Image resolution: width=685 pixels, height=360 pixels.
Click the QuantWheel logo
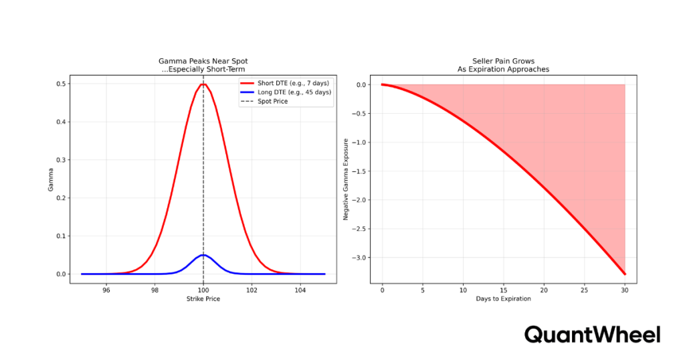[592, 335]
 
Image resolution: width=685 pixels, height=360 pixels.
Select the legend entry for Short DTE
[286, 82]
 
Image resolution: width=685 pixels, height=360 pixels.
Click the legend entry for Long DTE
[286, 92]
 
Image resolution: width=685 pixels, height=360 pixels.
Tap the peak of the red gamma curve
[203, 84]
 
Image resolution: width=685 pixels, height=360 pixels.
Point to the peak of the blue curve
[203, 255]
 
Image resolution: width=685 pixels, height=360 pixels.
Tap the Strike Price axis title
[203, 299]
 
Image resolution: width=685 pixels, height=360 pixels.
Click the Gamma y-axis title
[50, 179]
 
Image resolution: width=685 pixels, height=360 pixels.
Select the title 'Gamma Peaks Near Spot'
[203, 60]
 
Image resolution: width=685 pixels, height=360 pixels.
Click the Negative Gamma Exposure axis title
[346, 179]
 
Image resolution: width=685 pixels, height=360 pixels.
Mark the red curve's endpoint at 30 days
[625, 274]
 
